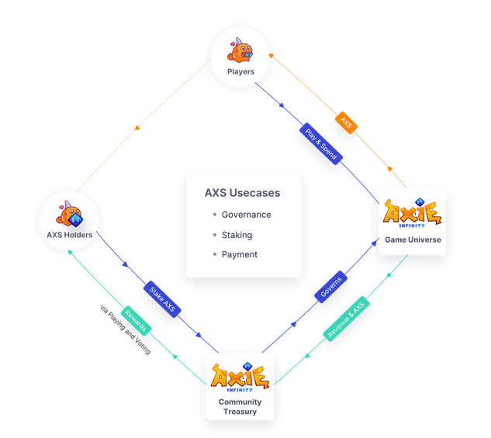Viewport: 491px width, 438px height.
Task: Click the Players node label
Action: coord(240,72)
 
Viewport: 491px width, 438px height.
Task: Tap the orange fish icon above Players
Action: coord(240,50)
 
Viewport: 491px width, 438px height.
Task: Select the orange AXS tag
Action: coord(346,122)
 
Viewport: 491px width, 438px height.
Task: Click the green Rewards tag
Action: coord(137,320)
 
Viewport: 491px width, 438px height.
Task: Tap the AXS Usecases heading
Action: coord(242,193)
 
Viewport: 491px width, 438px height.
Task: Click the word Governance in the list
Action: coord(246,215)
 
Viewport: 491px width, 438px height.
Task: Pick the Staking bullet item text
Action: coord(237,235)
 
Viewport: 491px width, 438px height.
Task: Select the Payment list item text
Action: coord(239,254)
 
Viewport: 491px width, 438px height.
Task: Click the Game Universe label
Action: coord(413,240)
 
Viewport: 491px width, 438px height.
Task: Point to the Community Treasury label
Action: coord(240,407)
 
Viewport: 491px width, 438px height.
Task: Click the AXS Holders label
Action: coord(69,235)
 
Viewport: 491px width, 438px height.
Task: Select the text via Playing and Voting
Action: coord(125,330)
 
